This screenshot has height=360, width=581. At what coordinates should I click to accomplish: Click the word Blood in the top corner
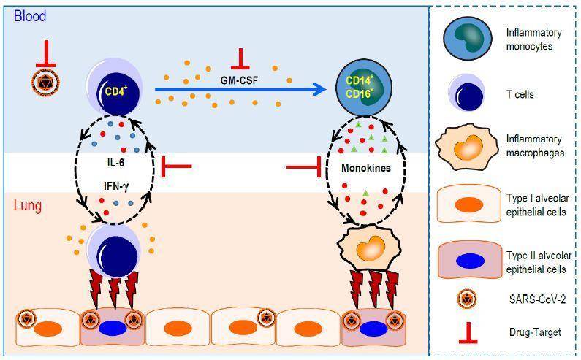coord(30,16)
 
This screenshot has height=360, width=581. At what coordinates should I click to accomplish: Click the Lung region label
coord(28,205)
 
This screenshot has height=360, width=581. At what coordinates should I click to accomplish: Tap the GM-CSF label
coord(239,80)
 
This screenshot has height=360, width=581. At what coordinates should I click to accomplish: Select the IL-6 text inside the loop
coord(115,162)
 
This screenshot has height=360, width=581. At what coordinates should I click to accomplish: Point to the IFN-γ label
coord(116,186)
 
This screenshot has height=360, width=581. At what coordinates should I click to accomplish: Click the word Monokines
coord(365,168)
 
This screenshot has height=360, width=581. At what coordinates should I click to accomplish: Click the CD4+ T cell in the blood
coord(115,90)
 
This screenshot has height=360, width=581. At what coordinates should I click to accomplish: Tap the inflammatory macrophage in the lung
coord(369,245)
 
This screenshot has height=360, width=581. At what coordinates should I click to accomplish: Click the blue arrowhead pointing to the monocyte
coord(319,89)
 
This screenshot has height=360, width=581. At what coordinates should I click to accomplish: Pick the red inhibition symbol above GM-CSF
coord(240,59)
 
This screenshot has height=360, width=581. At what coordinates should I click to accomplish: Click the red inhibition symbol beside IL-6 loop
coord(176,166)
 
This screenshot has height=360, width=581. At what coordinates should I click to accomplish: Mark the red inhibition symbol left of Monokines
coord(303,167)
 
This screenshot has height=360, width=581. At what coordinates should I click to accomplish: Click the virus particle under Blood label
coord(45,83)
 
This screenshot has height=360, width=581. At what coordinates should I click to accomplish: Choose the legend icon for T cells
coord(467,93)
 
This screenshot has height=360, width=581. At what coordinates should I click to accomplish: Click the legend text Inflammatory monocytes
coord(533,39)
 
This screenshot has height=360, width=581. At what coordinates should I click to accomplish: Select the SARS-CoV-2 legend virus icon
coord(467,299)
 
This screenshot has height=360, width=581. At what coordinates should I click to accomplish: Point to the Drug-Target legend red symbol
coord(468,332)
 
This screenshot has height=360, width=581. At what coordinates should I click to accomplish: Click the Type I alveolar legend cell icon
coord(469,204)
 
